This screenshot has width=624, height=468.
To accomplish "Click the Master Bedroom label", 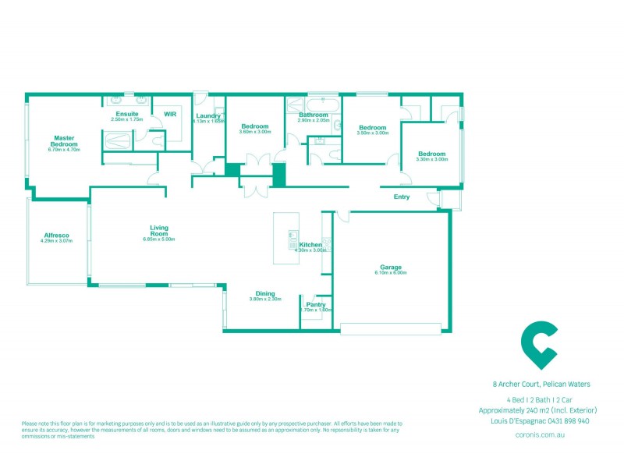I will pos(64,141).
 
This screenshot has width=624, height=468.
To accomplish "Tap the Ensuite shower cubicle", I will pos(117,140).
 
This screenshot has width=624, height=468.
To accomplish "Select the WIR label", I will pos(169,114).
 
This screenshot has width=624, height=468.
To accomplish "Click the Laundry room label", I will pos(208,116).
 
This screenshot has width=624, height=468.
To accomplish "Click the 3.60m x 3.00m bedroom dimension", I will pos(255,132).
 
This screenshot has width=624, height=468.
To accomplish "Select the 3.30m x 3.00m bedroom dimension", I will pos(431,159).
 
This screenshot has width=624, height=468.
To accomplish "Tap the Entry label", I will pos(402,197).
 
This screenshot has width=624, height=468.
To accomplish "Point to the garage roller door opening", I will pos(394,329).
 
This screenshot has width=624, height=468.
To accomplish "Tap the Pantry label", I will pos(316,304).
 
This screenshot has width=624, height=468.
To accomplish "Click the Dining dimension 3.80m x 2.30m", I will pos(265,300).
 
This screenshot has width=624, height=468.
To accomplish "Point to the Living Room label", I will pos(159,230).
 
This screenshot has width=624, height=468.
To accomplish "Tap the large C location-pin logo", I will pos(539,343).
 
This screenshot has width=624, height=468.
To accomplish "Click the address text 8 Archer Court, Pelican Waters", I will pos(541,384).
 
